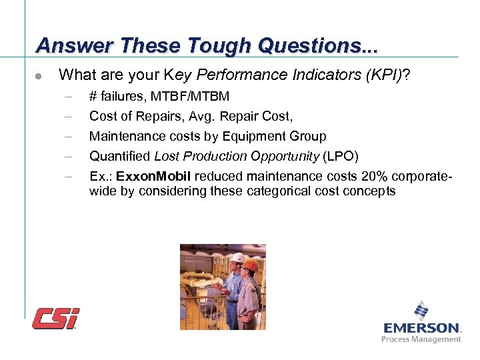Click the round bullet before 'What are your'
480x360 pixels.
[x=39, y=77]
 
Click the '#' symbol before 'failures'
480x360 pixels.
[x=93, y=97]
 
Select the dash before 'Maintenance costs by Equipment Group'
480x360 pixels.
[x=67, y=137]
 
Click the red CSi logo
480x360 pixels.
[x=56, y=318]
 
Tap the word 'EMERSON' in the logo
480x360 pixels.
[x=421, y=327]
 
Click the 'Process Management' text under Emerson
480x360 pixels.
[x=421, y=339]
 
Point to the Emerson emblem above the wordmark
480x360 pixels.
[x=421, y=311]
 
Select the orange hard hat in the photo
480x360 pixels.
[x=251, y=265]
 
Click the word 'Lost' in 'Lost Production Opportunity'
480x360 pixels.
[x=167, y=157]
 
